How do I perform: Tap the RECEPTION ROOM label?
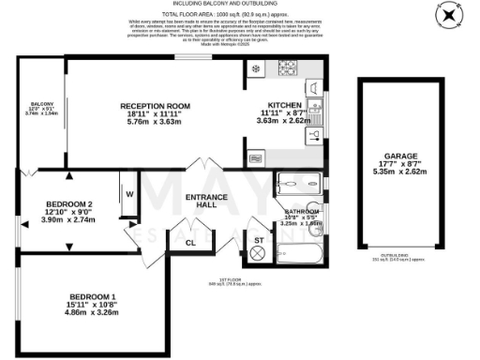pyautogui.click(x=155, y=107)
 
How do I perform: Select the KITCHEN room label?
pyautogui.click(x=283, y=104)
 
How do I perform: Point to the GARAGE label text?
pyautogui.click(x=400, y=156)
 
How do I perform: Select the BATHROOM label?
pyautogui.click(x=300, y=213)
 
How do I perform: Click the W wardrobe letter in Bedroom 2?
pyautogui.click(x=130, y=195)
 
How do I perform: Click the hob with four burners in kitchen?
pyautogui.click(x=288, y=69)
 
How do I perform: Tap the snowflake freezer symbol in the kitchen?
pyautogui.click(x=255, y=69)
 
